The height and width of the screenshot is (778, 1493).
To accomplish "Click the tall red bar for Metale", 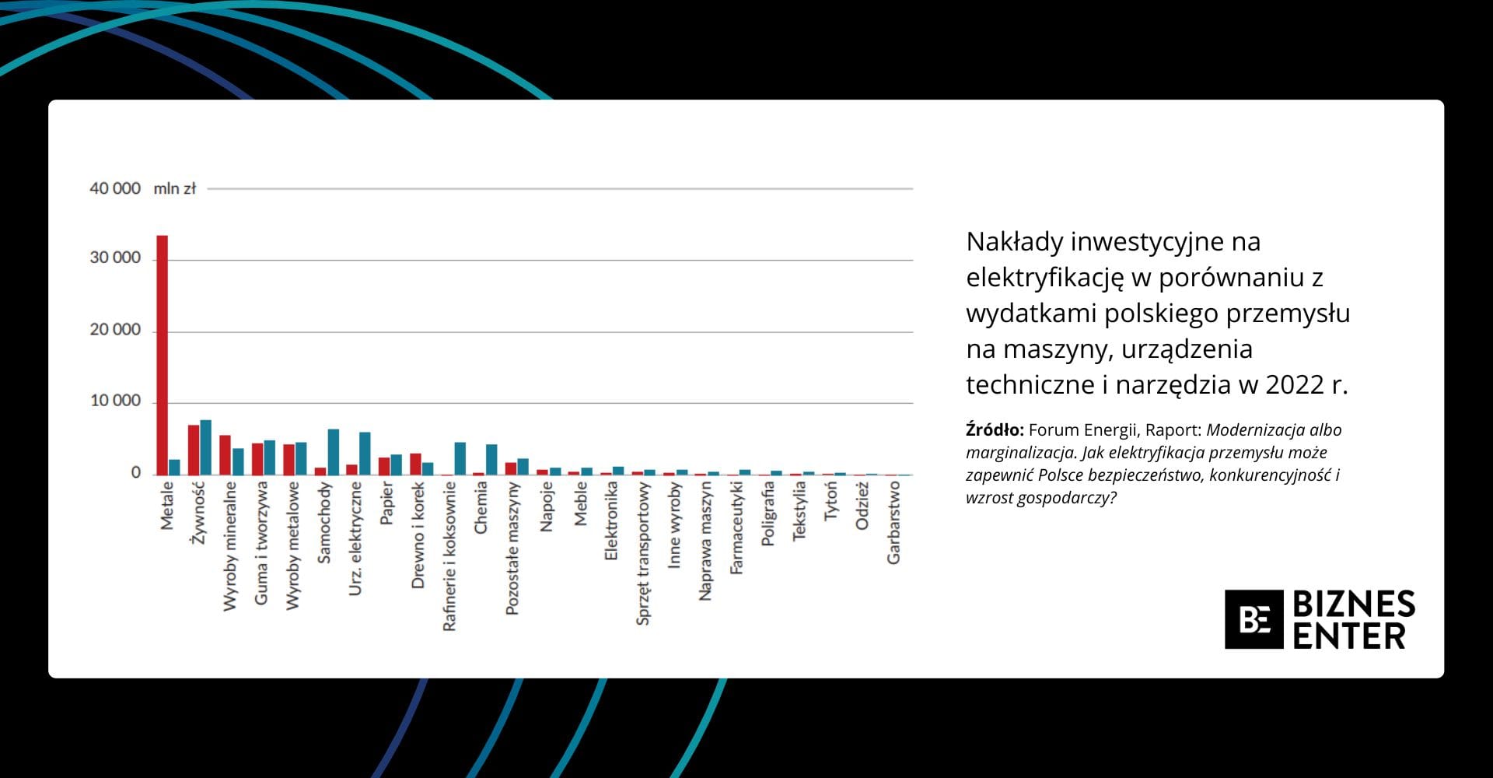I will coord(162,355).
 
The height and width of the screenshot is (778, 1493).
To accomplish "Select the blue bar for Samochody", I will coord(334,452).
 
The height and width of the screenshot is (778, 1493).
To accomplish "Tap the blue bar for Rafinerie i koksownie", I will coord(460,458).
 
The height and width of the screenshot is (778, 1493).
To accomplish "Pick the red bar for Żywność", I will coord(193,450).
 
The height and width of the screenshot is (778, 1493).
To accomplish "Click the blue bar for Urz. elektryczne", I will coord(365,454).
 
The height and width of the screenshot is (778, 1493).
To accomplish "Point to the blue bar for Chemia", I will coord(491,459).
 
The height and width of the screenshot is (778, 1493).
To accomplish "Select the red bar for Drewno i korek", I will coord(415,464).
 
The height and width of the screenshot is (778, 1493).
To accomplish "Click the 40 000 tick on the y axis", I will coord(115,188).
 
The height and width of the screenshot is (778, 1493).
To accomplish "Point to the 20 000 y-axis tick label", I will coord(115,330).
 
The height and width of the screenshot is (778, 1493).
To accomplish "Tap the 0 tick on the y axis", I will coord(136,472).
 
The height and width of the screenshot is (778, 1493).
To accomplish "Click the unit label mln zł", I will coord(175,188).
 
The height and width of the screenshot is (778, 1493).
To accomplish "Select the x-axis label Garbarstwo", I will coord(893,522).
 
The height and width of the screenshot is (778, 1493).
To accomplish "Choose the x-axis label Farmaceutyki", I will coord(736,527).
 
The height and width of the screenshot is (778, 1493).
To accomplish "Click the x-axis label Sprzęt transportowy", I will coord(642,553).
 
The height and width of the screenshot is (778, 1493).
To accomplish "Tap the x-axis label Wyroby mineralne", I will coord(229,546).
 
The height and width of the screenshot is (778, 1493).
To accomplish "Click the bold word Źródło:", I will coord(995,430).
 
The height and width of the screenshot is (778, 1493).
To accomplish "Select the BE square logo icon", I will coord(1253,619).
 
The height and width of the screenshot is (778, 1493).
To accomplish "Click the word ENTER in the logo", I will coord(1349,636).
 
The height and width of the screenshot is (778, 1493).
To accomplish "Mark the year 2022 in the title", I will coord(1295,385).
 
